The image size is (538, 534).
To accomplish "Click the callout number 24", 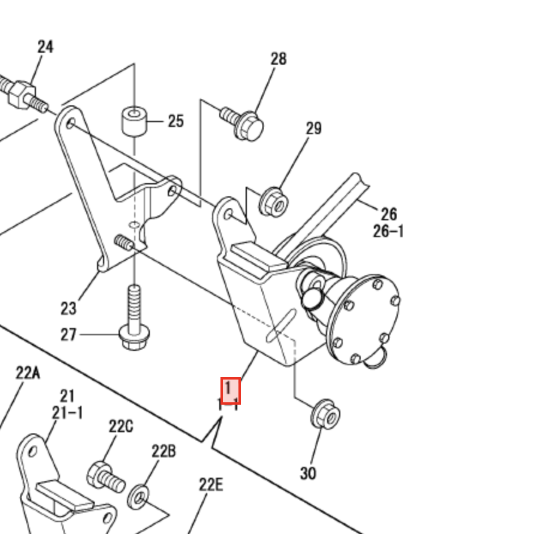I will point(46,47).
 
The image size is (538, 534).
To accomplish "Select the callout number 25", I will point(175,122).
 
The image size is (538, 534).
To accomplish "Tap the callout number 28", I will point(279,59).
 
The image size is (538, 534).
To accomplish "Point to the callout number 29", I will point(313,128).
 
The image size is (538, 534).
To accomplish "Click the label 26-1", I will point(388,231).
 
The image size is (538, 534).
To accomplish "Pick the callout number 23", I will point(68,308).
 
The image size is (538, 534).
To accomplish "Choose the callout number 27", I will point(68,334).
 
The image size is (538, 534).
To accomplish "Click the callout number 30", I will point(307,473).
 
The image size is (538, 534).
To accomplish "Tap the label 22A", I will point(28,374).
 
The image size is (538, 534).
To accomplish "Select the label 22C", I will point(121,427).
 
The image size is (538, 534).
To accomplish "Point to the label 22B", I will point(163,451).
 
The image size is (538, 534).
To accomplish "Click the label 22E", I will point(210,484).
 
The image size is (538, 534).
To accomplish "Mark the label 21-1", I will point(67,412).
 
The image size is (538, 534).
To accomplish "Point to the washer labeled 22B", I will point(140,496).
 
